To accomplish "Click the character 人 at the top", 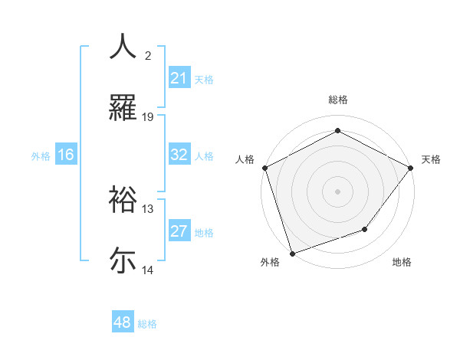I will click(123, 47).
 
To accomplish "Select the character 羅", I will click(123, 108).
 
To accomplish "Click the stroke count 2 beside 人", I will click(148, 56).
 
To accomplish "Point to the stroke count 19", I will click(148, 117).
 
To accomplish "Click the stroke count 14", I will click(148, 270).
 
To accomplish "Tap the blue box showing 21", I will click(179, 78).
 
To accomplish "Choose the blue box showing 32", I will click(179, 155).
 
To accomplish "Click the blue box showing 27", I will click(179, 231).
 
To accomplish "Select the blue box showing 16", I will click(66, 155).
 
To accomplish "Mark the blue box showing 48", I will click(123, 323).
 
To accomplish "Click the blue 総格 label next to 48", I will click(147, 324).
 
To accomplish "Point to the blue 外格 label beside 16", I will click(41, 155).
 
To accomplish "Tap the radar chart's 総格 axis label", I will click(337, 100).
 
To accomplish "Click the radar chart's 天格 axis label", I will click(431, 159).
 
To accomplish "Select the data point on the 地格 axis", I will click(365, 229).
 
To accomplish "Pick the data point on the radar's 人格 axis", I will click(264, 167).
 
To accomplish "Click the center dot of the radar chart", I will click(337, 191).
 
